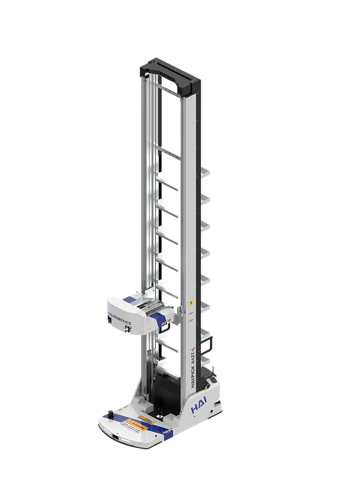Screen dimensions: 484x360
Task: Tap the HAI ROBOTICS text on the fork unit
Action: (119, 317)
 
